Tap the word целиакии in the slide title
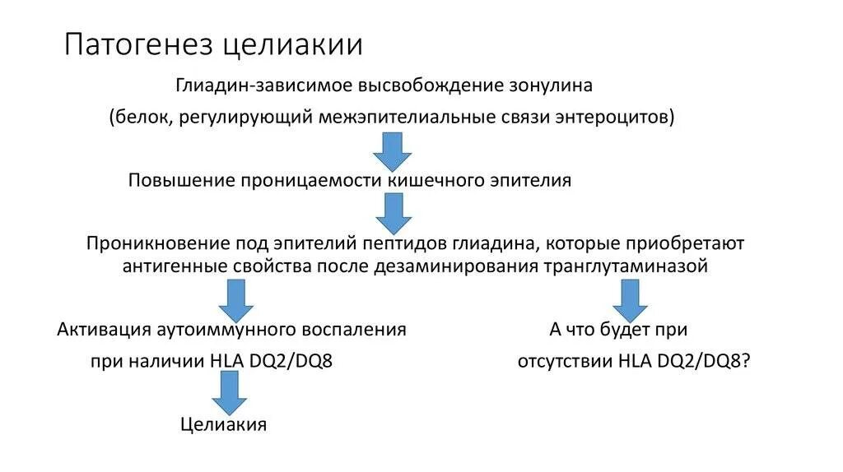point(293,44)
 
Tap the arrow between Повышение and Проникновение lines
point(393,212)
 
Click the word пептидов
point(399,244)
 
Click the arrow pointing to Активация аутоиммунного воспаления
point(231,299)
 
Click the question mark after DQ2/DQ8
point(745,362)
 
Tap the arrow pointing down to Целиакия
point(230,392)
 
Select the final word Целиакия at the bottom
point(224,424)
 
